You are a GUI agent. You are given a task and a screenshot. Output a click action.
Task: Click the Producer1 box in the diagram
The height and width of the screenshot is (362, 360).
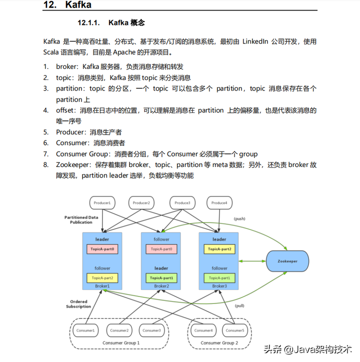coord(102,203)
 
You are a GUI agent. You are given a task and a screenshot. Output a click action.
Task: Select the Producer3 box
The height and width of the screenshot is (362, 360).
coord(181,203)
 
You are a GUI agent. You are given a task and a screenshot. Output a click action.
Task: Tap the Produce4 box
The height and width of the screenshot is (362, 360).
coord(219,203)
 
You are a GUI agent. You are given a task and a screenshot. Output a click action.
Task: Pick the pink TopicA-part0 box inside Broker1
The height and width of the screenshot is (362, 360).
coord(102,248)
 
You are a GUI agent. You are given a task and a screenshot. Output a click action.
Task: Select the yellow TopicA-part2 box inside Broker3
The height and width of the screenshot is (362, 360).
coord(219,248)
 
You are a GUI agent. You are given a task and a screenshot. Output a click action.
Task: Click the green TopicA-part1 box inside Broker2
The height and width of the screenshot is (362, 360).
coord(161,277)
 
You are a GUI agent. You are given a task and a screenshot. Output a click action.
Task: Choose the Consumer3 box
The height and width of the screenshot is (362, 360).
coord(152,330)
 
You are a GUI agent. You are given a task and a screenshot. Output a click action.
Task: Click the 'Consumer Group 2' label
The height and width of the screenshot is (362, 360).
coord(217,343)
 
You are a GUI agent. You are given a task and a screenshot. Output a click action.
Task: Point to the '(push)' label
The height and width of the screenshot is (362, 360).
coord(240,219)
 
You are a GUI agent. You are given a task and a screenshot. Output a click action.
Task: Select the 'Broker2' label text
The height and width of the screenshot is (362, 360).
coord(161,286)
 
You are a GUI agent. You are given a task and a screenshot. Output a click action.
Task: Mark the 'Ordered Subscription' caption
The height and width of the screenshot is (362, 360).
coord(78,304)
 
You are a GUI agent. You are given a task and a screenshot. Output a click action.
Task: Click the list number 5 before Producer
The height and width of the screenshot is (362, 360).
coord(45,132)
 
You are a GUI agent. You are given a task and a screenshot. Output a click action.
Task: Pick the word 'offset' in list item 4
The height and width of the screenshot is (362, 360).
coord(65,110)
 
